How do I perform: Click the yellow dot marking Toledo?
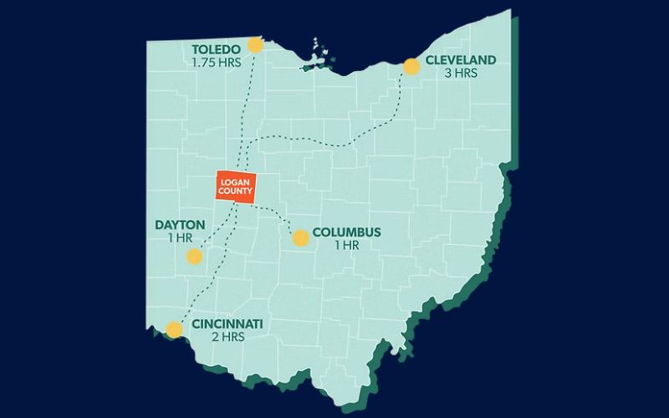[255, 46]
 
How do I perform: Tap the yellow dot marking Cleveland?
[411, 66]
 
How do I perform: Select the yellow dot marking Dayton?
[194, 257]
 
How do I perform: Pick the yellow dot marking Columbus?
[300, 238]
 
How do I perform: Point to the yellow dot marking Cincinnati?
[174, 329]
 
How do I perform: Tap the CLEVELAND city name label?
[461, 60]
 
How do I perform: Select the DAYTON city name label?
[180, 225]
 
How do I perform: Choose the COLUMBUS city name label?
[346, 232]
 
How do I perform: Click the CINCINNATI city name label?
[227, 324]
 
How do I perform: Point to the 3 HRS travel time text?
[460, 74]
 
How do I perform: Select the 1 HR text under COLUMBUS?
[345, 245]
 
